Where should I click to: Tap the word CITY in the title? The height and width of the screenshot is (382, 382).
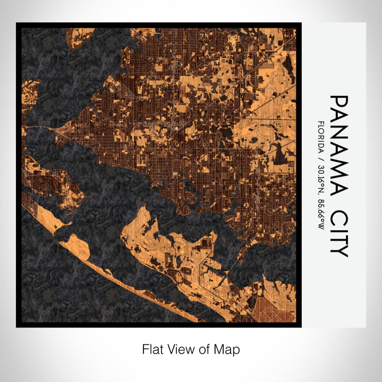(338, 233)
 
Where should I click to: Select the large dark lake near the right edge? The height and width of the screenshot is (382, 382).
(280, 154)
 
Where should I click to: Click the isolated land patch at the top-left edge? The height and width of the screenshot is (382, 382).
(80, 35)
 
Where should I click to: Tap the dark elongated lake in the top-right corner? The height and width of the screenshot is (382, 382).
(288, 65)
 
